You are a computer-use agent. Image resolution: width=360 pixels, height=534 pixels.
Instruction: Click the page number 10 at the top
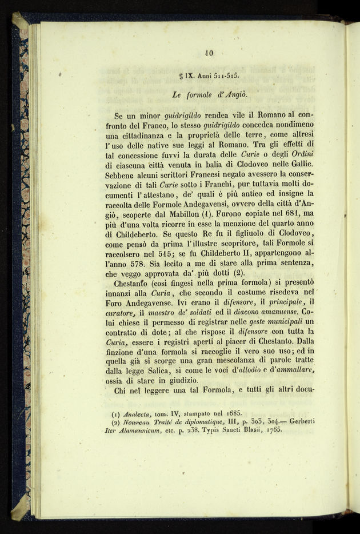pyautogui.click(x=208, y=53)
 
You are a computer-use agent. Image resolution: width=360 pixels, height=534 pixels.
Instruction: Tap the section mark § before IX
pyautogui.click(x=181, y=75)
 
